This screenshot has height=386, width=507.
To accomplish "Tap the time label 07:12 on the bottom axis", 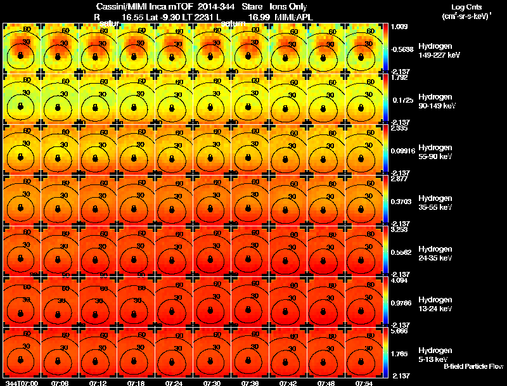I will pyautogui.click(x=98, y=382).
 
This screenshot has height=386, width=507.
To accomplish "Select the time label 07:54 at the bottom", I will pyautogui.click(x=364, y=382).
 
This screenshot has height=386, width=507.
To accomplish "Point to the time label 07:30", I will pyautogui.click(x=212, y=382).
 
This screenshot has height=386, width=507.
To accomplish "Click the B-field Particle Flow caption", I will pyautogui.click(x=473, y=366).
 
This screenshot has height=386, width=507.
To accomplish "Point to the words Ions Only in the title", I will pyautogui.click(x=289, y=7).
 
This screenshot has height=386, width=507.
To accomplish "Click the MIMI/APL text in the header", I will pyautogui.click(x=290, y=18).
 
